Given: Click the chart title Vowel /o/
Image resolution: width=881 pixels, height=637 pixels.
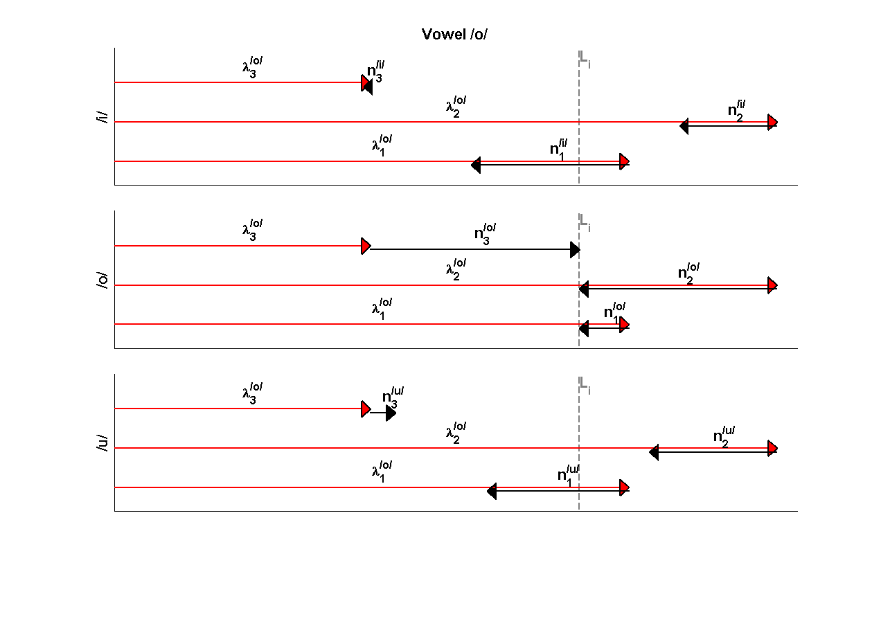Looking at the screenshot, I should tap(454, 35).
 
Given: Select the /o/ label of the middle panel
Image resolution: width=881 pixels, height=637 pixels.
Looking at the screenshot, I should tap(103, 280).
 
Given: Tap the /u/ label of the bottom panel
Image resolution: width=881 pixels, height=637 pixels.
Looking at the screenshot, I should tap(103, 443).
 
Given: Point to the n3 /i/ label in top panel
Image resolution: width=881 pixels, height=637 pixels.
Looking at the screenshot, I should tap(375, 73).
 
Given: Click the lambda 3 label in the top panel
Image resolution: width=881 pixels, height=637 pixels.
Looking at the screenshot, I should tap(252, 69).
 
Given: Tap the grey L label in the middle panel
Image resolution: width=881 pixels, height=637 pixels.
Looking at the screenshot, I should tap(585, 224).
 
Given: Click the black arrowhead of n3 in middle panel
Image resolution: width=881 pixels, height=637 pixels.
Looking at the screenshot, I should tap(575, 250).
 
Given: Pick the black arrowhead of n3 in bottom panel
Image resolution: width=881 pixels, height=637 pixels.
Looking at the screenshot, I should tap(391, 413).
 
